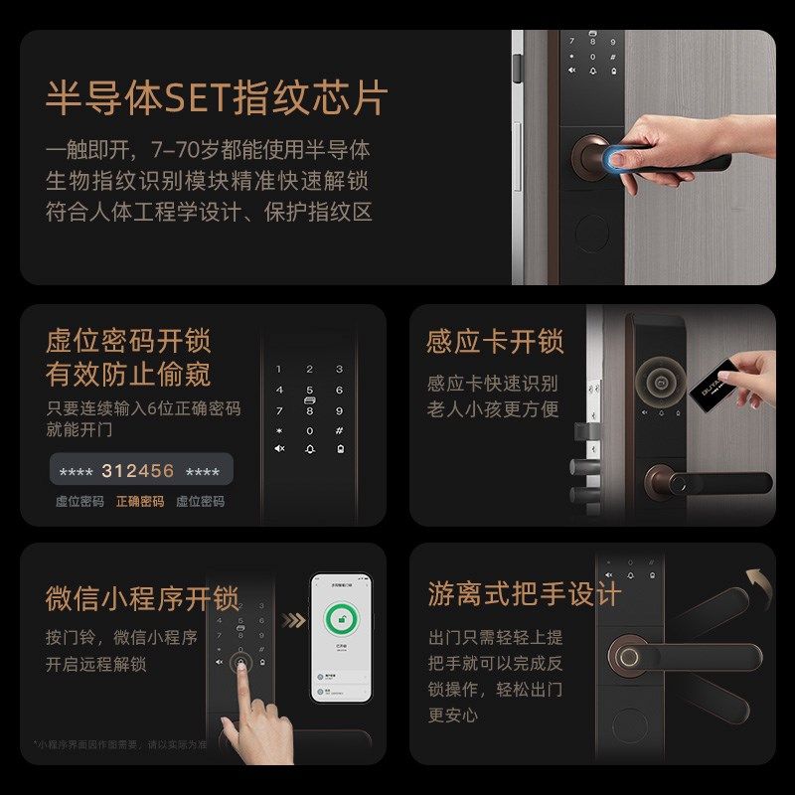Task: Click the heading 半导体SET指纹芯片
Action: coord(216,99)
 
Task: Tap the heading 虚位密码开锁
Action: coord(128,341)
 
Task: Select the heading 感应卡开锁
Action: coord(495,342)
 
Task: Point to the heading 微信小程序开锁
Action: coord(142,599)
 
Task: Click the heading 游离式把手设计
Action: coord(524,594)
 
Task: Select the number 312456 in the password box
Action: coord(137,471)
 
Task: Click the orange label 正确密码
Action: coord(140,502)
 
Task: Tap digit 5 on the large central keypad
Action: coord(310,391)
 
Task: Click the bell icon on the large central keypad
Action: coord(310,449)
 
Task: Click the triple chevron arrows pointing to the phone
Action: coord(292,621)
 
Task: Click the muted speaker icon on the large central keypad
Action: coord(279,449)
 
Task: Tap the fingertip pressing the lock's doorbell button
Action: coord(238,668)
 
